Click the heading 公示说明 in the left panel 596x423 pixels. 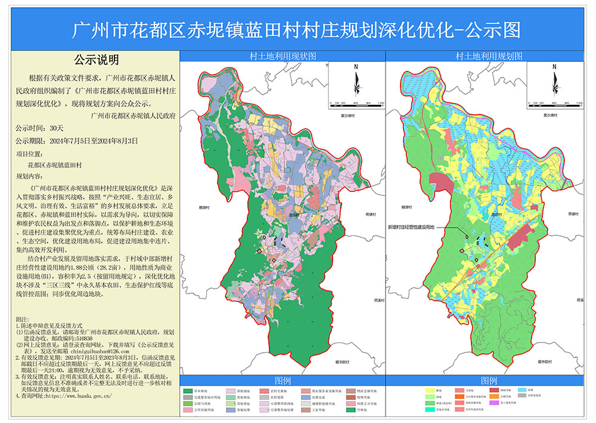[96, 60]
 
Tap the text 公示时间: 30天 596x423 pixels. [39, 128]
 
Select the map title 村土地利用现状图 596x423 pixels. [283, 56]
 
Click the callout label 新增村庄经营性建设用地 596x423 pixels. [411, 227]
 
